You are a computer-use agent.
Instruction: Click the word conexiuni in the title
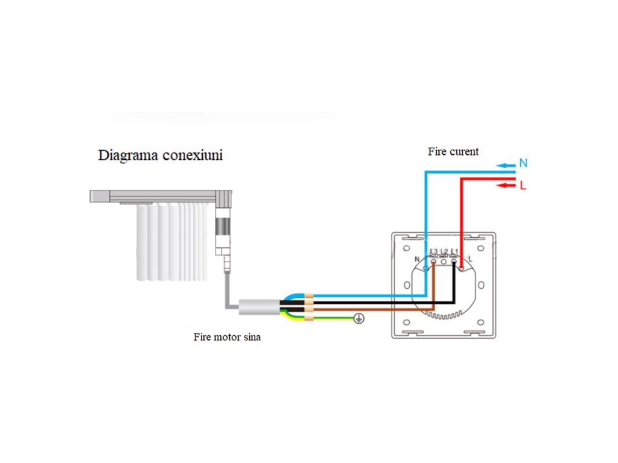pyautogui.click(x=193, y=156)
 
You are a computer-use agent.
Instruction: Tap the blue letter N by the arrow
pyautogui.click(x=523, y=163)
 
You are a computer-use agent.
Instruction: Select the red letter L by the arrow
pyautogui.click(x=523, y=186)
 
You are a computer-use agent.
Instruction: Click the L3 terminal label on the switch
pyautogui.click(x=433, y=251)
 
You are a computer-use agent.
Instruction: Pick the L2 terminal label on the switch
pyautogui.click(x=444, y=251)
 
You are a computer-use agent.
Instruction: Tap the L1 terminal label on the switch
pyautogui.click(x=454, y=251)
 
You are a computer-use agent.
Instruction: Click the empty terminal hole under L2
pyautogui.click(x=444, y=263)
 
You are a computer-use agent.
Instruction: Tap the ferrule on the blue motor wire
pyautogui.click(x=309, y=297)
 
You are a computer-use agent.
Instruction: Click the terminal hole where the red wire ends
pyautogui.click(x=463, y=267)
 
